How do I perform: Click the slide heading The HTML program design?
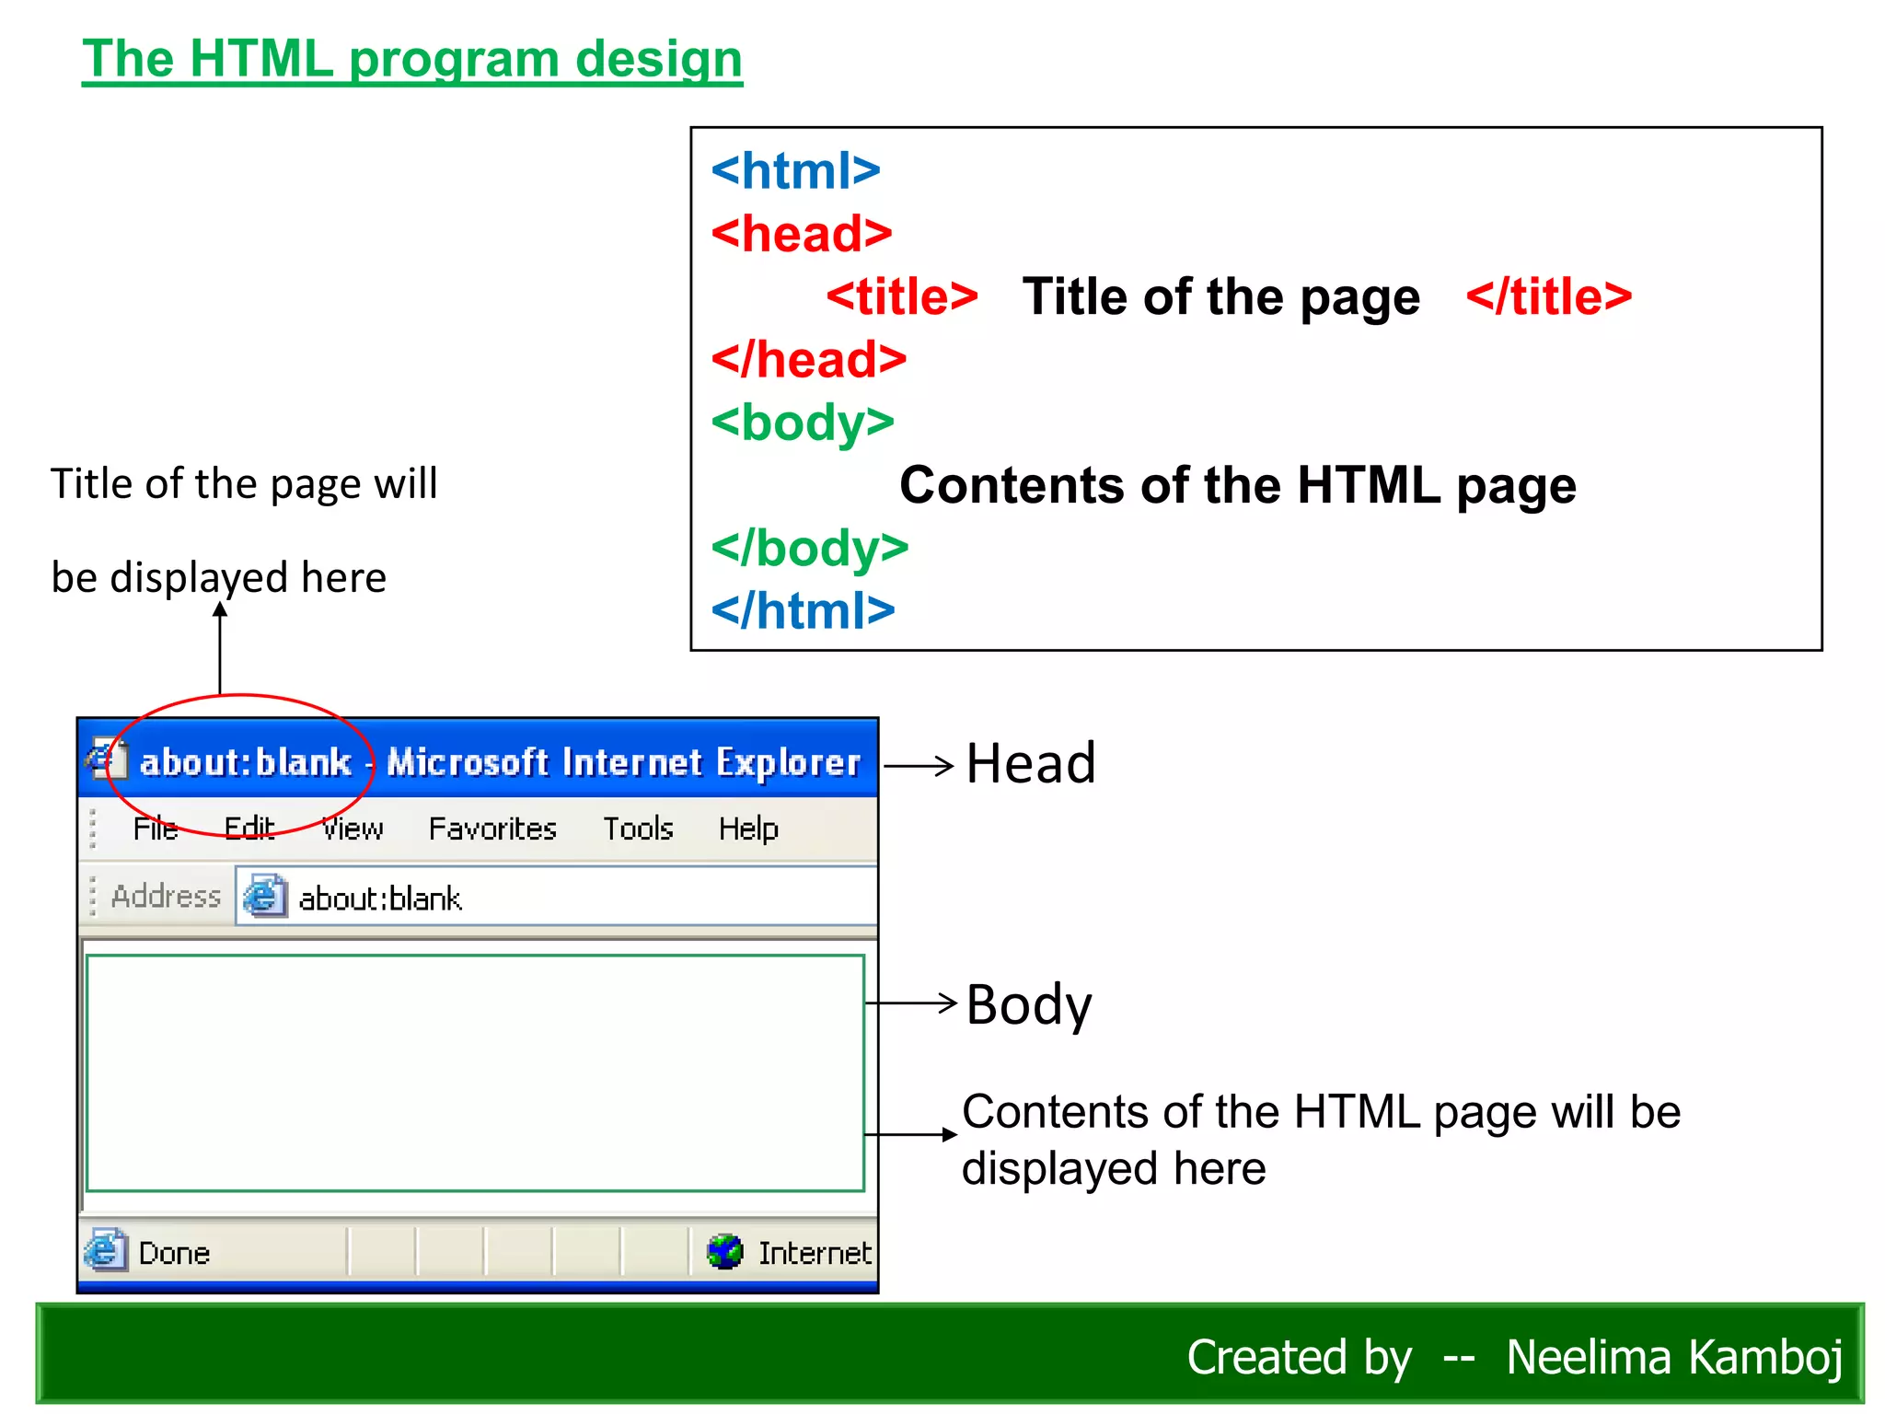(x=411, y=60)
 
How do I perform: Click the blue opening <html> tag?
(x=795, y=171)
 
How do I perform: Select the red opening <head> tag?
(x=801, y=234)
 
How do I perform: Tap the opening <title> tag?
(x=901, y=296)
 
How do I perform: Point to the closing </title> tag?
(x=1548, y=296)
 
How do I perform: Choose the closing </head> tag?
(x=808, y=359)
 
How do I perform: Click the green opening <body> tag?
(x=803, y=423)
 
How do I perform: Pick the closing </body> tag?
(x=809, y=549)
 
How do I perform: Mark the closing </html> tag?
(x=803, y=610)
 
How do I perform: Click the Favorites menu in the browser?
(x=492, y=829)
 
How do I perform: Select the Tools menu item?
(x=638, y=829)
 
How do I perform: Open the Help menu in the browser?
(x=748, y=829)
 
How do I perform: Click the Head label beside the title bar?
(x=1031, y=763)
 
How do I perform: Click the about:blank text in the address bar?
(x=379, y=898)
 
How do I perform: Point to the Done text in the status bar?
(x=174, y=1253)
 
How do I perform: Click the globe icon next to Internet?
(x=725, y=1252)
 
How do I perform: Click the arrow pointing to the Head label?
(x=919, y=765)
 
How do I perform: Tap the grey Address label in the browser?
(x=166, y=896)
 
